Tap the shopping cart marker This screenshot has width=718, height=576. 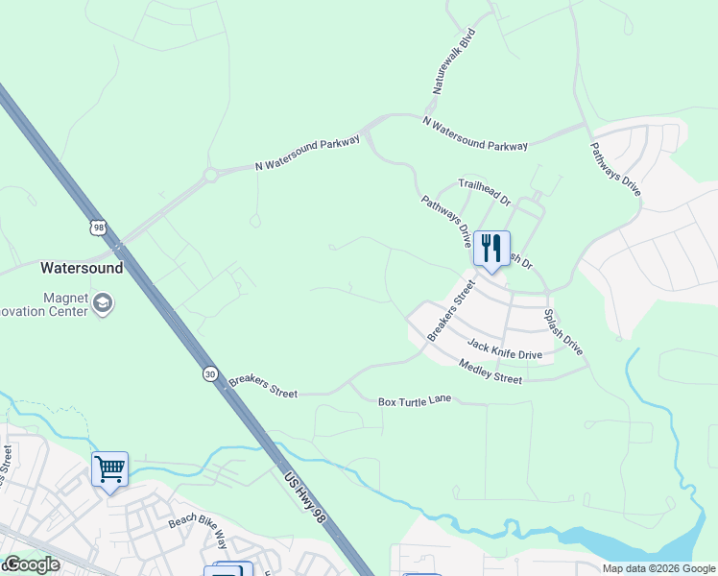tap(109, 470)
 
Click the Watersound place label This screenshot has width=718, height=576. tap(82, 268)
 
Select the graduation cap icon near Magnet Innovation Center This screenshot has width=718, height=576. tap(103, 304)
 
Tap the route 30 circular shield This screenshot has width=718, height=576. tap(209, 373)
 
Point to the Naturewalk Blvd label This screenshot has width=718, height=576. tap(452, 60)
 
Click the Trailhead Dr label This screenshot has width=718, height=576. tap(484, 192)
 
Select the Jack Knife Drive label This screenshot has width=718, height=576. tap(504, 348)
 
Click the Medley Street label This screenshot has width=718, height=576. tap(490, 372)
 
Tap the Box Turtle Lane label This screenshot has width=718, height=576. tap(414, 401)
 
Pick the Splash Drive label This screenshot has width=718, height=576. tap(562, 331)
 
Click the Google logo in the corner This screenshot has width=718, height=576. tap(31, 564)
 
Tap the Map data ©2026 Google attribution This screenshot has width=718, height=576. tap(658, 568)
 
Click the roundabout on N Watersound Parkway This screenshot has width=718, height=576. tap(211, 176)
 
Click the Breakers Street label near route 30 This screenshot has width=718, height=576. tap(263, 387)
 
